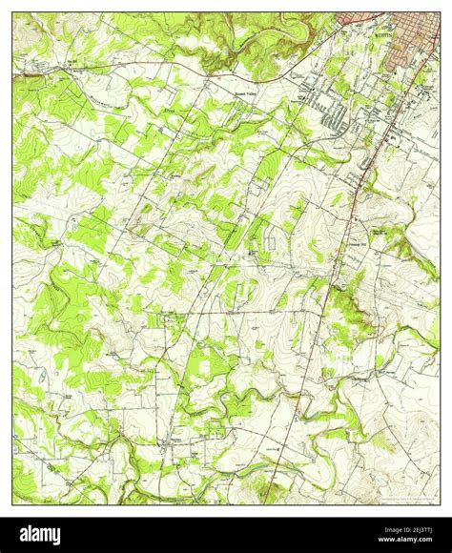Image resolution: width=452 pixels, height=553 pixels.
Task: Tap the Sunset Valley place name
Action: click(251, 92)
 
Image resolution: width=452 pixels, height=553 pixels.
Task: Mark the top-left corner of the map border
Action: click(12, 12)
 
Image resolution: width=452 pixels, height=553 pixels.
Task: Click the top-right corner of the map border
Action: click(440, 12)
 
